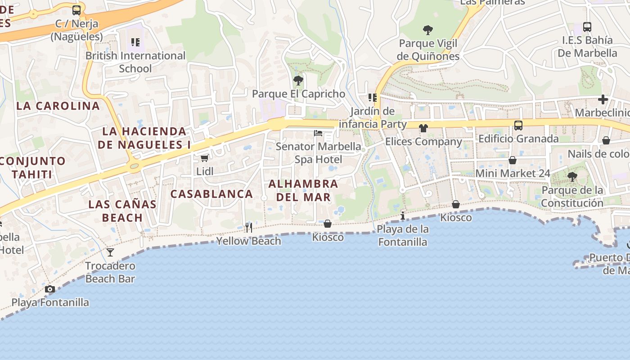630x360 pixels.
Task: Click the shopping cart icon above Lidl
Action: pyautogui.click(x=204, y=158)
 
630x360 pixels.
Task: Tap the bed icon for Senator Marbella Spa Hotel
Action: pyautogui.click(x=318, y=133)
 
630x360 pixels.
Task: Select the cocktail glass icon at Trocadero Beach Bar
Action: pyautogui.click(x=110, y=252)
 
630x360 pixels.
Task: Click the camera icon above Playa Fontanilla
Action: pyautogui.click(x=50, y=289)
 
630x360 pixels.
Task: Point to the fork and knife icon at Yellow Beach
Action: pyautogui.click(x=248, y=228)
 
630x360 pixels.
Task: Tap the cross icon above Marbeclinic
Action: pyautogui.click(x=603, y=99)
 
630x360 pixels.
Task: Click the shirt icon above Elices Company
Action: pyautogui.click(x=423, y=128)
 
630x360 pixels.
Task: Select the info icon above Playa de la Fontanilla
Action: pyautogui.click(x=403, y=216)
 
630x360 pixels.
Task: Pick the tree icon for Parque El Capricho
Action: pyautogui.click(x=298, y=81)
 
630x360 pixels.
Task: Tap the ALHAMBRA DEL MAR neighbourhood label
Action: pyautogui.click(x=303, y=190)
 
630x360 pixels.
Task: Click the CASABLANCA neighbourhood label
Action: pyautogui.click(x=211, y=194)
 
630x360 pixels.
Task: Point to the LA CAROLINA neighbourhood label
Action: pyautogui.click(x=58, y=106)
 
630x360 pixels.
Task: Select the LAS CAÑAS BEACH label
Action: pyautogui.click(x=122, y=211)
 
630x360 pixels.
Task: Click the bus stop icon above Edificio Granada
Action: pyautogui.click(x=518, y=126)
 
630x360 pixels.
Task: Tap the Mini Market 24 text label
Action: pyautogui.click(x=513, y=173)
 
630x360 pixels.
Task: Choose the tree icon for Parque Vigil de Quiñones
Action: pyautogui.click(x=428, y=30)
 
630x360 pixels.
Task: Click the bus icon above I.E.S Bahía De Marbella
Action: pyautogui.click(x=587, y=27)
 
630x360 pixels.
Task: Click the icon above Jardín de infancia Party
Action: pyautogui.click(x=372, y=98)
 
